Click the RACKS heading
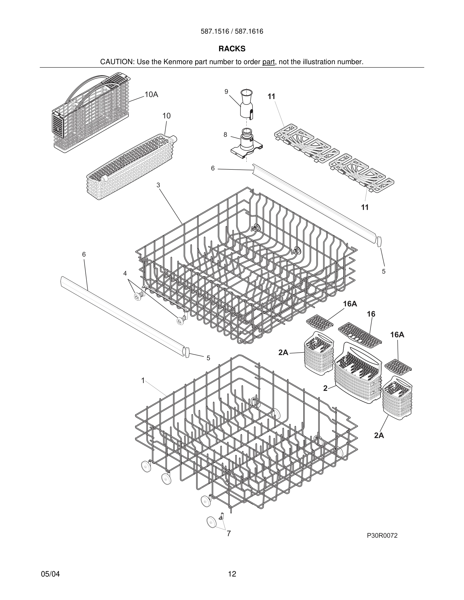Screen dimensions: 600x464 tap(232, 49)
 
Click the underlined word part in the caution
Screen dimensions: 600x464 tap(268, 62)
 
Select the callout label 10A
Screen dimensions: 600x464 tap(151, 94)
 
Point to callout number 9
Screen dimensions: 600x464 tap(226, 91)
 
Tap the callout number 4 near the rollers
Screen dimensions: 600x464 tap(125, 273)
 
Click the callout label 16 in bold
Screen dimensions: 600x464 tap(371, 314)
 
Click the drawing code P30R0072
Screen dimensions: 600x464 tap(382, 536)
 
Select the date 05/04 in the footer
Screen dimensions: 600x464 tap(50, 574)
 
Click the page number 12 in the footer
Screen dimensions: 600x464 tap(232, 574)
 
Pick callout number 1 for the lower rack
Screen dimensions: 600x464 tap(143, 381)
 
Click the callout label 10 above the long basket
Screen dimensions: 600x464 tap(166, 116)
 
